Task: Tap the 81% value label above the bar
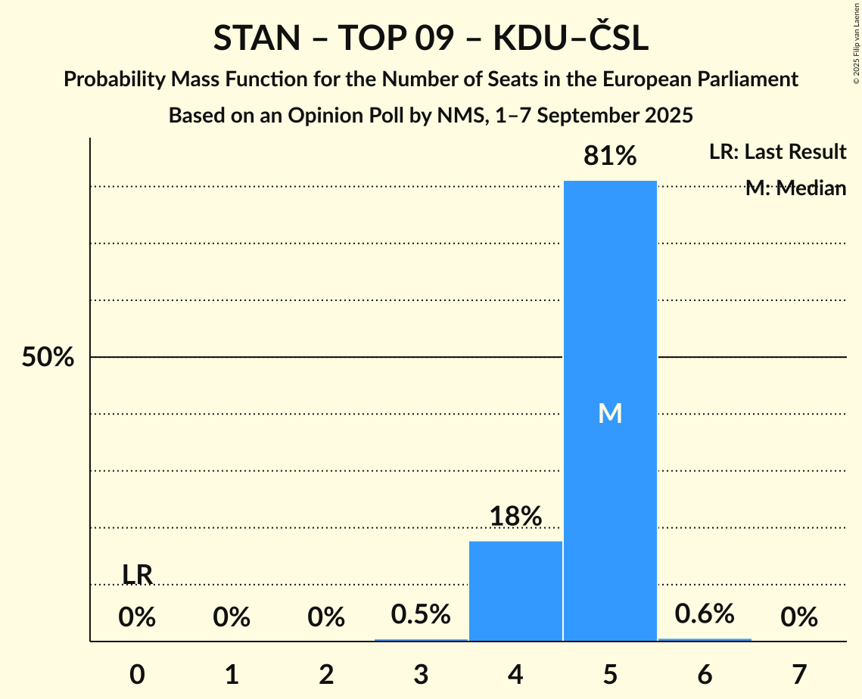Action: coord(610,157)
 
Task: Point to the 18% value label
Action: coord(515,517)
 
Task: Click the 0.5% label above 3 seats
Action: coord(421,614)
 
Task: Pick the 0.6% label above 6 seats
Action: coord(705,614)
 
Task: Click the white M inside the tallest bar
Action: coord(610,413)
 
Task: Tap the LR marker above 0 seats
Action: coord(137,575)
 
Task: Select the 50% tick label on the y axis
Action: coord(48,358)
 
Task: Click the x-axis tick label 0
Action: coord(137,674)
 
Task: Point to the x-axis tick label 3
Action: coord(421,674)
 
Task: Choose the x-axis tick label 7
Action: coord(799,674)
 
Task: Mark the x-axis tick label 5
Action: coord(610,674)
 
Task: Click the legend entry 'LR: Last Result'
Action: coord(777,152)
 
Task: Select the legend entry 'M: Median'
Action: coord(795,188)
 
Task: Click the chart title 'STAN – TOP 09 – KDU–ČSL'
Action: coord(431,39)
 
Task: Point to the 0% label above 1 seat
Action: coord(232,618)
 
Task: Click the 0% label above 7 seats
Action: coord(799,618)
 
